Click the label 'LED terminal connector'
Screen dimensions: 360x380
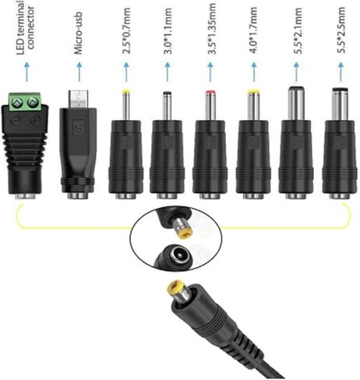click(x=25, y=27)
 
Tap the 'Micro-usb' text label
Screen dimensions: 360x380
click(x=79, y=33)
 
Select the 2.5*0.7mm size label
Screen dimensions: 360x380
click(x=126, y=31)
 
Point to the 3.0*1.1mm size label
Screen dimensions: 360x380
click(x=168, y=31)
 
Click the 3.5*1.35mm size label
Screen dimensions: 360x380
click(x=211, y=29)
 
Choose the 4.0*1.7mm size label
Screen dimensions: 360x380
click(x=252, y=30)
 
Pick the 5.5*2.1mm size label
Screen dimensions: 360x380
click(x=298, y=31)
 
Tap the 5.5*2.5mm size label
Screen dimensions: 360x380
click(x=341, y=31)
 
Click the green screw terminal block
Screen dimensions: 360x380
click(x=25, y=100)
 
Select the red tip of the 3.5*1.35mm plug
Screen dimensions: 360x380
click(x=210, y=92)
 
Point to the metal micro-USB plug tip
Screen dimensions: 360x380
click(x=79, y=99)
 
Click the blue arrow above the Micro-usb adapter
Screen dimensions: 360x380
click(x=79, y=72)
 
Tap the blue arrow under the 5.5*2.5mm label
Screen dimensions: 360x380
click(x=341, y=72)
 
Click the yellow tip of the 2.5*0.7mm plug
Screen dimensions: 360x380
click(x=126, y=91)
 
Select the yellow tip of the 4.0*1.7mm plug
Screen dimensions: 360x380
click(x=254, y=92)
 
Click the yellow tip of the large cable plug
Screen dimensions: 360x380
click(x=175, y=287)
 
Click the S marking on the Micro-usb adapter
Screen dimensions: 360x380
click(x=78, y=127)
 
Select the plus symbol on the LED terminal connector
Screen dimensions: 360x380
click(x=34, y=121)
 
